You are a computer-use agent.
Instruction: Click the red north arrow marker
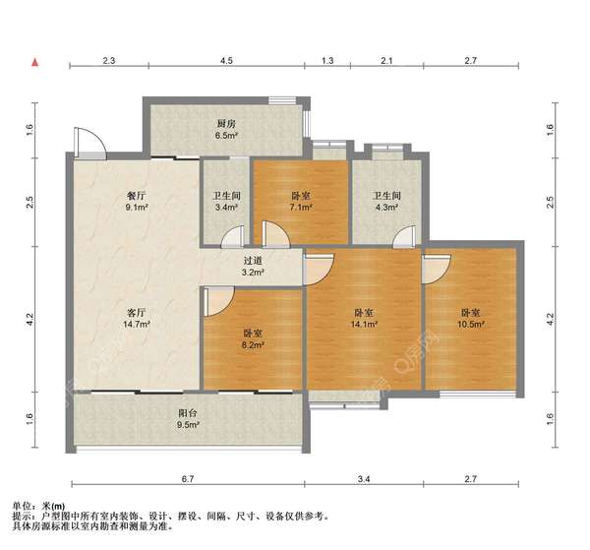click(x=35, y=62)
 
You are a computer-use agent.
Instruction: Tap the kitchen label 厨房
click(x=226, y=124)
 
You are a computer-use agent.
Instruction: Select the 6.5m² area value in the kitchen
click(x=226, y=136)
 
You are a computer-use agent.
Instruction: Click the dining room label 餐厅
click(x=136, y=196)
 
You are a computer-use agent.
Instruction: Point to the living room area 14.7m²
click(x=137, y=324)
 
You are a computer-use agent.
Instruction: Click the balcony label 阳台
click(x=188, y=413)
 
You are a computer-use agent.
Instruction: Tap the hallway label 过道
click(x=253, y=261)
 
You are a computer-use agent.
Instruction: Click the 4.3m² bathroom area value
click(x=387, y=207)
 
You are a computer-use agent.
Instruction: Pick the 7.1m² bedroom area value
click(x=302, y=207)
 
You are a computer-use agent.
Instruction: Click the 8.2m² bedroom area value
click(x=253, y=344)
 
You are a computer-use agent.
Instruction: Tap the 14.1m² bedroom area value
click(x=364, y=324)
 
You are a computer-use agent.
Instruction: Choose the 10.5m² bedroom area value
click(x=470, y=324)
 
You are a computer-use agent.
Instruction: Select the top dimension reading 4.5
click(x=226, y=60)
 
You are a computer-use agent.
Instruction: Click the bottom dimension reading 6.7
click(x=188, y=479)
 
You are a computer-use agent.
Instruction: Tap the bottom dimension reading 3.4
click(x=364, y=479)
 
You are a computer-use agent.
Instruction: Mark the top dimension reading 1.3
click(x=327, y=60)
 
